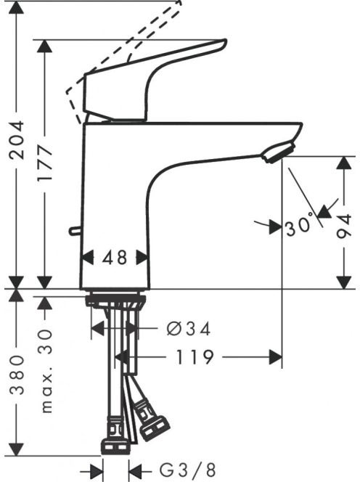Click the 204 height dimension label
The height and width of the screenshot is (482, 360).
point(17,140)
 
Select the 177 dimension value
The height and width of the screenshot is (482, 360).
point(45,164)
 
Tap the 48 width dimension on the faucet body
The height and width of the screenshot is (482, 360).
point(115,257)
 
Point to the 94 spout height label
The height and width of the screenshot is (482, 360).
point(343,226)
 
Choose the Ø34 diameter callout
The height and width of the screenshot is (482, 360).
point(189,329)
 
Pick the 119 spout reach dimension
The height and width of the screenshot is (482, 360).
point(195,357)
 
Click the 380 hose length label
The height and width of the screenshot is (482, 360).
point(17,375)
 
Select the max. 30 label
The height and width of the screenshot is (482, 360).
point(46,371)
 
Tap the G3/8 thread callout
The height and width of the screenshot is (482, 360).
point(187,470)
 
